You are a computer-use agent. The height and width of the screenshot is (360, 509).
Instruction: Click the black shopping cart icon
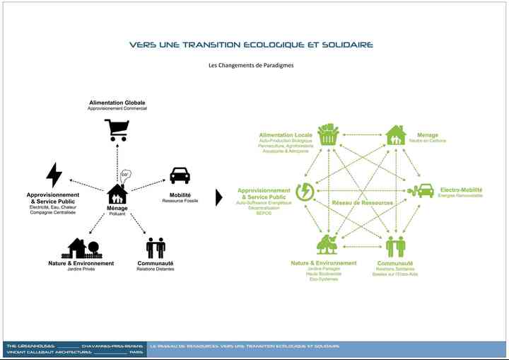pos(117,129)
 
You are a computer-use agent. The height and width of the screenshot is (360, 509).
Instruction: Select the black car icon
pos(180,175)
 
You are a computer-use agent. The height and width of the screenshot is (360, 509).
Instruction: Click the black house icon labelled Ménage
pos(117,193)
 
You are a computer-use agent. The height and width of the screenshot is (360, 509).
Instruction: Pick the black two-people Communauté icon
pos(156,248)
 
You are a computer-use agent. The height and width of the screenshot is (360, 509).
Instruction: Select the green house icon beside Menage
pos(396,134)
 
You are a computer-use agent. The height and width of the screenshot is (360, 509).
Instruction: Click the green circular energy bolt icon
pos(306,191)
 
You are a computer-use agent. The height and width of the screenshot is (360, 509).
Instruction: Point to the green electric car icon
pos(423,190)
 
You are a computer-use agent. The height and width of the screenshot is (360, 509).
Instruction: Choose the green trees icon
pos(327,245)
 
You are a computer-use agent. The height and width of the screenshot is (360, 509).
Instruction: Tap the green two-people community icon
pos(396,246)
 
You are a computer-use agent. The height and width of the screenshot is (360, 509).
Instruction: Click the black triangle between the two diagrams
pos(219,197)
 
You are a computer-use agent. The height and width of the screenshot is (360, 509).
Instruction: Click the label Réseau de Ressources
pos(362,203)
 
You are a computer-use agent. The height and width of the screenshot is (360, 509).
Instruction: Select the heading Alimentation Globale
pos(117,103)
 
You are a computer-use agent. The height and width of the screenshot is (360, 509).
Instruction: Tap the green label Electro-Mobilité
pos(461,190)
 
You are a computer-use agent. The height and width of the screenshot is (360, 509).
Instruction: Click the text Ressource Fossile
pos(180,201)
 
